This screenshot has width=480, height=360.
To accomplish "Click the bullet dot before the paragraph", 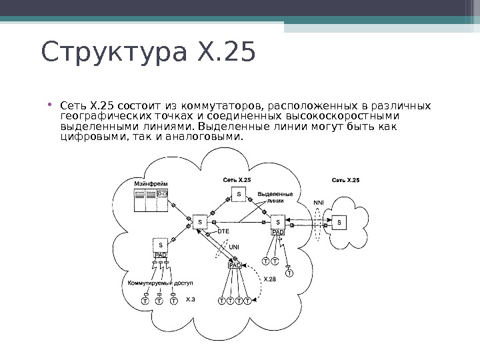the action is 51,105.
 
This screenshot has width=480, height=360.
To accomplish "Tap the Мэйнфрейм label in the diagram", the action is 151,182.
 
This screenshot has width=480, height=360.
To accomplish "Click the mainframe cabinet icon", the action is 151,201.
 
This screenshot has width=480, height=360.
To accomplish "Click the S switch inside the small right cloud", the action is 340,221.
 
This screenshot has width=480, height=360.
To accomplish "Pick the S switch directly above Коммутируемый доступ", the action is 161,245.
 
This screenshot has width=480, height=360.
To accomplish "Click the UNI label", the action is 233,247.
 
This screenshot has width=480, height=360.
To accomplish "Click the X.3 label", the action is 191,299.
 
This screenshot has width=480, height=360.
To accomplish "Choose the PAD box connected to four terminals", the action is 235,265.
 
